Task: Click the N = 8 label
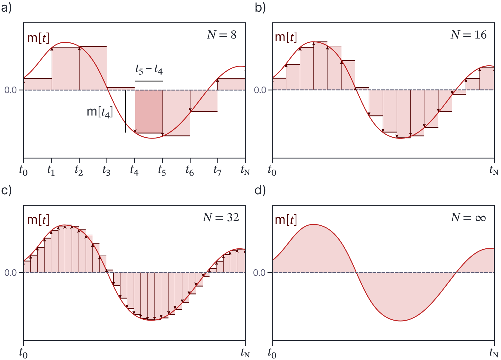click(222, 35)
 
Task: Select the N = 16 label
click(468, 35)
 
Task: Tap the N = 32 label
click(221, 218)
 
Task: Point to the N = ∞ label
click(468, 218)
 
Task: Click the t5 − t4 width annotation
click(149, 70)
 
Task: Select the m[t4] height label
click(100, 112)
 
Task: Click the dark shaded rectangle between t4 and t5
click(149, 111)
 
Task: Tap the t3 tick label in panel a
click(106, 170)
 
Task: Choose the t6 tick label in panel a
click(190, 170)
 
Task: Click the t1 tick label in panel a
click(51, 170)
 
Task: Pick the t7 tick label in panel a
click(217, 170)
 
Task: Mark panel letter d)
click(260, 190)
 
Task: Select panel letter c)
click(6, 190)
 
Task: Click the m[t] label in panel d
click(286, 220)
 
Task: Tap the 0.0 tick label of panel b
click(260, 90)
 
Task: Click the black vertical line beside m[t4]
click(126, 111)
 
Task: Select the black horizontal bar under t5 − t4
click(149, 81)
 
